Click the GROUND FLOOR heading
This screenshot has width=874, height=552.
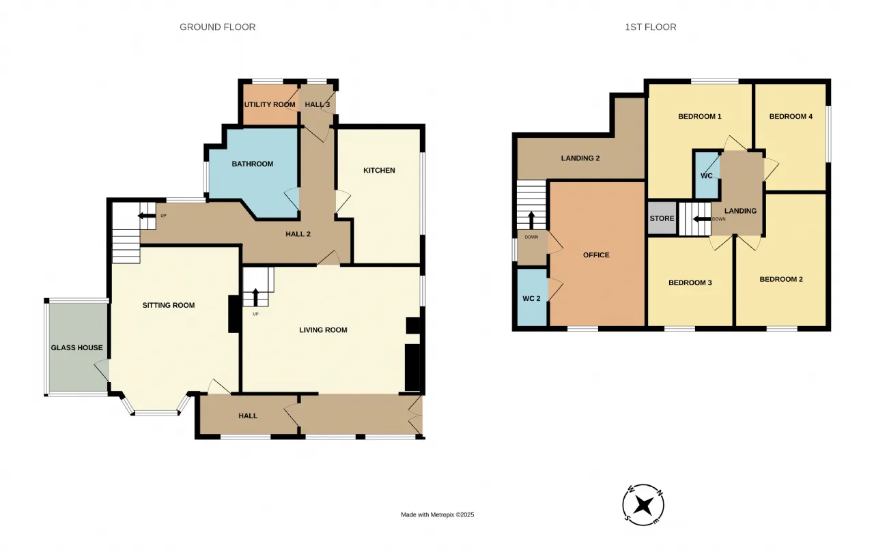(217, 27)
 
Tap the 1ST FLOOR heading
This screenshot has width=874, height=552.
(651, 27)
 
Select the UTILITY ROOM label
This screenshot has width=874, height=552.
(270, 104)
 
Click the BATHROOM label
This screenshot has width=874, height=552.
(253, 164)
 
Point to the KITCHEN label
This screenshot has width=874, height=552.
(379, 171)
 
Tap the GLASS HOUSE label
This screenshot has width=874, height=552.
(77, 347)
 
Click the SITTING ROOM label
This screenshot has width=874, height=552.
(169, 305)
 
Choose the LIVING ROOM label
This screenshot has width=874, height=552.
(323, 330)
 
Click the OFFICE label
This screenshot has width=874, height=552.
(596, 255)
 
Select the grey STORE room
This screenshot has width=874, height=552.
(662, 218)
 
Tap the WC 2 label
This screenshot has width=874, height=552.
(531, 299)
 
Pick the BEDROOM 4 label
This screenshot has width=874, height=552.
(791, 116)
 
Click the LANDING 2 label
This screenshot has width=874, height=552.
(580, 158)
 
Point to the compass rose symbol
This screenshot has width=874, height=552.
(643, 505)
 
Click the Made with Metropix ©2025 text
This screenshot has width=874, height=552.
(438, 514)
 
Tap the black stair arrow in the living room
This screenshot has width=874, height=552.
(255, 297)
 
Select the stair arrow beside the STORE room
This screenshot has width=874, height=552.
(702, 219)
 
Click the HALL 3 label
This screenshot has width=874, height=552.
(318, 104)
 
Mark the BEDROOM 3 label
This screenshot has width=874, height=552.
(690, 282)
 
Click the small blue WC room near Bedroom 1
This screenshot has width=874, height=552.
(707, 175)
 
